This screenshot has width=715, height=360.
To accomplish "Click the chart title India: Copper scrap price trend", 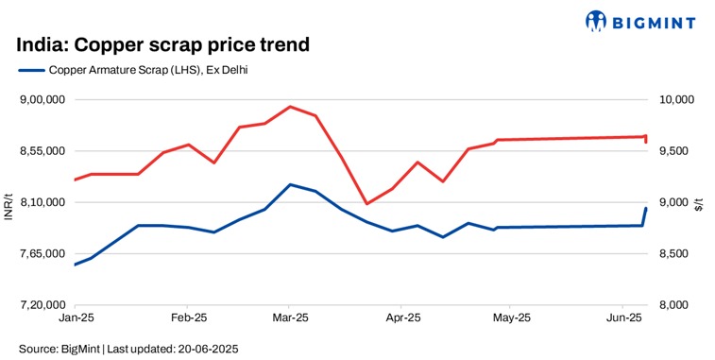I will click(163, 44).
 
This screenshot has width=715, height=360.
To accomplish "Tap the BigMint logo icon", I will click(597, 20).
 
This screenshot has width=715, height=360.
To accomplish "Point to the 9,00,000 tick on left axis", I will click(42, 99).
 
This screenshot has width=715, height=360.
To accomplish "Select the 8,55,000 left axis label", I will click(42, 151).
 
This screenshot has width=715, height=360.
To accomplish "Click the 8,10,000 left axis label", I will click(42, 202).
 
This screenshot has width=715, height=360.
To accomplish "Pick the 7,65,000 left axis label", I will click(42, 254).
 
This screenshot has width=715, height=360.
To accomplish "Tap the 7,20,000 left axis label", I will click(42, 305).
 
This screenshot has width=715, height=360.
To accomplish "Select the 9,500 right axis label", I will click(678, 151).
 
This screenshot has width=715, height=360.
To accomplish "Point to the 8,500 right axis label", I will click(678, 254).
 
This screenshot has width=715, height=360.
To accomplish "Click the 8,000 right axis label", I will click(678, 305).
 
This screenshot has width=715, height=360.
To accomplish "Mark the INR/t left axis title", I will click(9, 202).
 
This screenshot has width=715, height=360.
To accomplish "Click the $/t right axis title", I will click(699, 202).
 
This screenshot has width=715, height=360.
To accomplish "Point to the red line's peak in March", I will click(290, 107).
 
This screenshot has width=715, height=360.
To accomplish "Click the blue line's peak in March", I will click(290, 184).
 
